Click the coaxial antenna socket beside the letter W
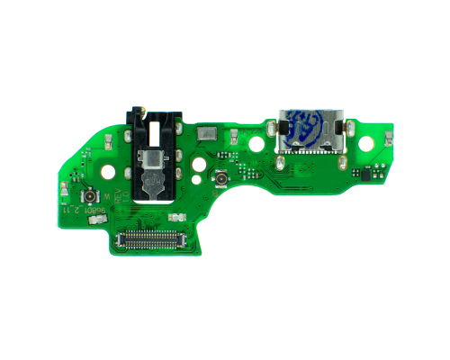(x=90, y=195)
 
